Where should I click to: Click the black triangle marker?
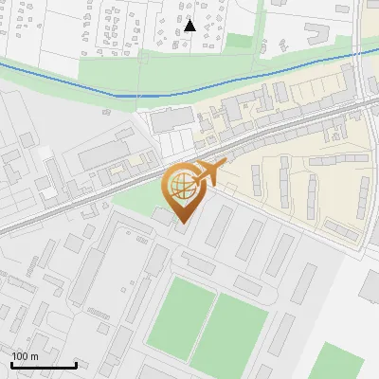pos(190,26)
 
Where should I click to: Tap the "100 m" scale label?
pos(25,356)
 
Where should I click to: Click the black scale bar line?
pos(44,365)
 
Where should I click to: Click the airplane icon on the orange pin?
pos(208,173)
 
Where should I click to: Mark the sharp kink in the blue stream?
pos(116,95)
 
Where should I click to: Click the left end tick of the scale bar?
pos(11,363)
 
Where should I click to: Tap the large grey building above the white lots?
pos(169,120)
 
